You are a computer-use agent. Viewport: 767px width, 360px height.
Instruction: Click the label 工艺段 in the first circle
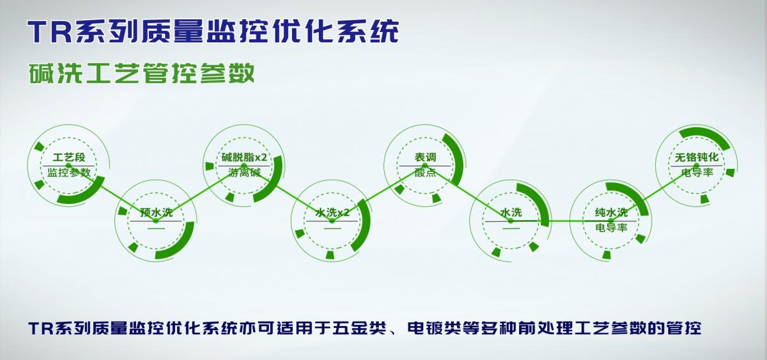point(69,157)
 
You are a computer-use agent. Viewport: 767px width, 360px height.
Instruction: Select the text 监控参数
point(69,172)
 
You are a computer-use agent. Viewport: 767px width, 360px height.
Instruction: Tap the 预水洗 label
point(156,212)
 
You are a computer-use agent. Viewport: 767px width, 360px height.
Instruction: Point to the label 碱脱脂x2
point(244,157)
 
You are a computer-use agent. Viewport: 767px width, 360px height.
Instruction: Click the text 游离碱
point(244,172)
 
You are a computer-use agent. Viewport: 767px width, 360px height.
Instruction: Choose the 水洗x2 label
point(332,212)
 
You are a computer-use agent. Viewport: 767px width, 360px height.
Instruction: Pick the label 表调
point(425,157)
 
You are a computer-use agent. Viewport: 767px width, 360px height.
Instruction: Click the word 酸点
point(425,172)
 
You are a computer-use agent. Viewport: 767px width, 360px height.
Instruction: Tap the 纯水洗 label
point(611,212)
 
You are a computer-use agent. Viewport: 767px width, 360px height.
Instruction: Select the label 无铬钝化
point(697,157)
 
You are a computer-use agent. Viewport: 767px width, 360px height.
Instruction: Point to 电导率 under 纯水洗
point(611,227)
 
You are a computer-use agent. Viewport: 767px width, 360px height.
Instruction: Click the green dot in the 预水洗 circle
point(156,221)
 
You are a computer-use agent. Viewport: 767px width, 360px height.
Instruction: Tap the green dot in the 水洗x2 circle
point(332,221)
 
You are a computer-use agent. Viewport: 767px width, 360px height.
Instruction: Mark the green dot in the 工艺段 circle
point(69,166)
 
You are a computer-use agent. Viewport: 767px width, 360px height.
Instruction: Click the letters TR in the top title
point(50,32)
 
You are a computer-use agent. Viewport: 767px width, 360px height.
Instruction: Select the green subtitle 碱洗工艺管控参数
point(141,73)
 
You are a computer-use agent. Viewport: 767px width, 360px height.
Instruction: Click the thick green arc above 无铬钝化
point(704,134)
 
